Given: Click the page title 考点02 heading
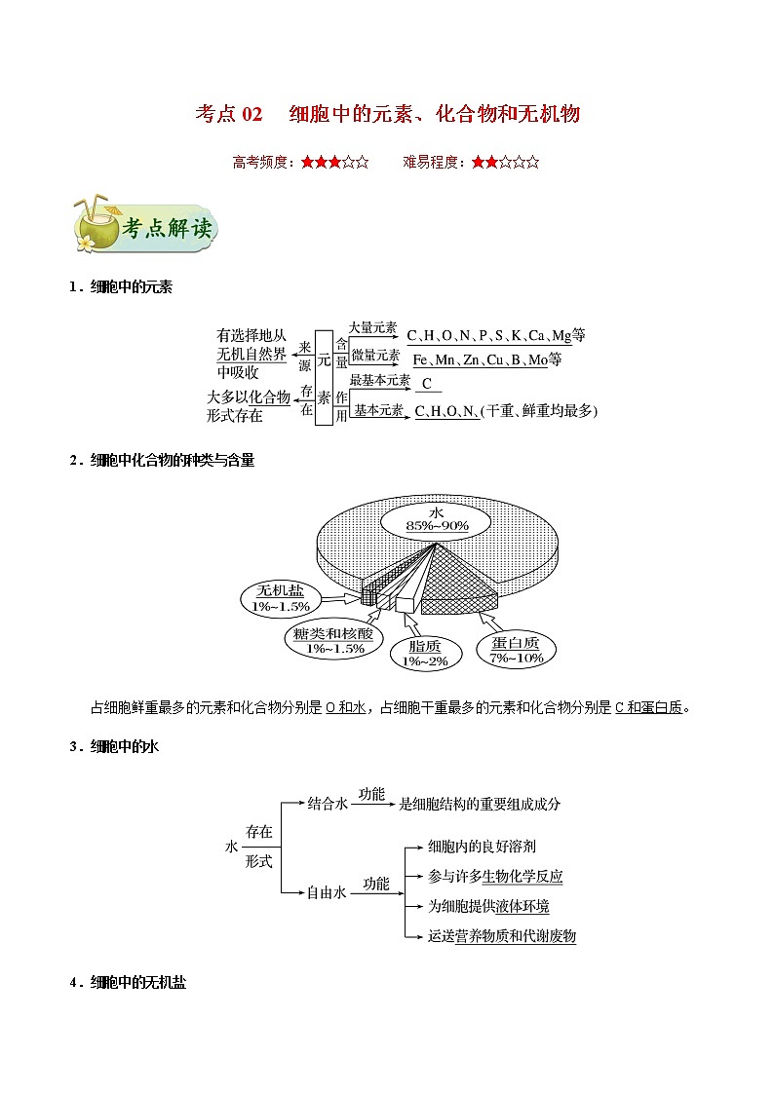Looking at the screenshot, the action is pyautogui.click(x=387, y=115).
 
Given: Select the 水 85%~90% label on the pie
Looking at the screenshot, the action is pyautogui.click(x=438, y=519).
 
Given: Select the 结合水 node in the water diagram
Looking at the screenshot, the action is pyautogui.click(x=328, y=804).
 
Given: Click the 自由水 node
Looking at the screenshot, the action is pyautogui.click(x=327, y=891).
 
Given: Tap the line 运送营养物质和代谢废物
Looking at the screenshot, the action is pyautogui.click(x=502, y=936).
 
